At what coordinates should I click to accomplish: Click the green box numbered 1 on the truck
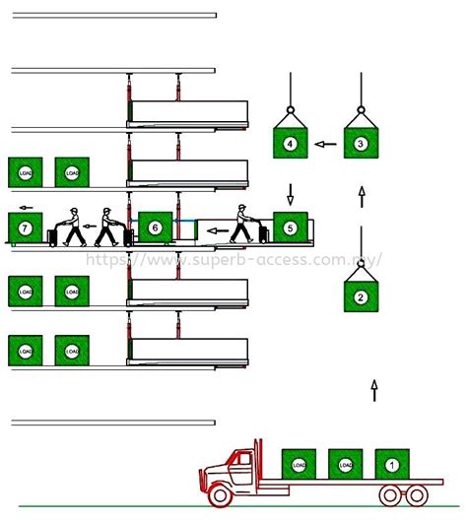tap(391, 464)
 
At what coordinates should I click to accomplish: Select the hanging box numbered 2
tap(360, 296)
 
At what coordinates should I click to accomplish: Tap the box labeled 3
tap(360, 143)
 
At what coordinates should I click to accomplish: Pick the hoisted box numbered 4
tap(290, 143)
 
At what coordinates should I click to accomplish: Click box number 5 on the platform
tap(290, 228)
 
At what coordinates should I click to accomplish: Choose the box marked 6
tap(155, 228)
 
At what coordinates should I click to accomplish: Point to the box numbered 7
tap(25, 228)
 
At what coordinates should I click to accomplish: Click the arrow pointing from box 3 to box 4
tap(324, 144)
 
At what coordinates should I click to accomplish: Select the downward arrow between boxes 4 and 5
tap(290, 190)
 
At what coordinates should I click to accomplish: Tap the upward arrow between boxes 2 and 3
tap(361, 196)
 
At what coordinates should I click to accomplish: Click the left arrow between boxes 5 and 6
tap(217, 233)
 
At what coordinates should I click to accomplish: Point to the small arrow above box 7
tap(25, 208)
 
